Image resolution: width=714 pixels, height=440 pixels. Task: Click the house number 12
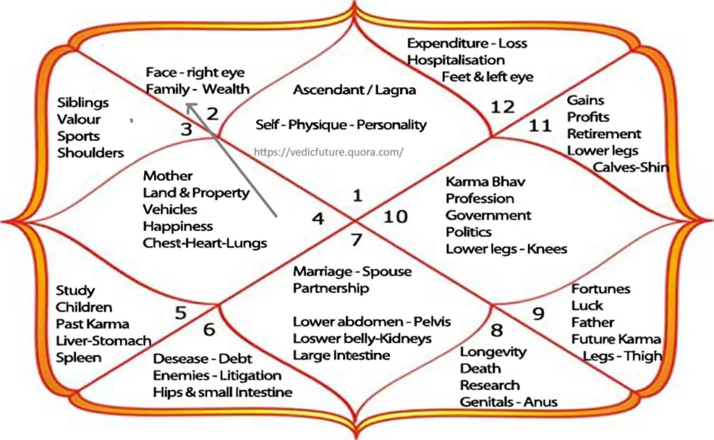click(502, 107)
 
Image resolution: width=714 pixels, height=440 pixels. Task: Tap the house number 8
click(496, 330)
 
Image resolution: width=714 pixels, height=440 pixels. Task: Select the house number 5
click(181, 313)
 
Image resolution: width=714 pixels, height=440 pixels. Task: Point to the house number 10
click(395, 217)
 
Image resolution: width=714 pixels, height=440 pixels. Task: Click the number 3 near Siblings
click(186, 129)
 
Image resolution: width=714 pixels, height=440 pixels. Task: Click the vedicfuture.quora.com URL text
click(328, 151)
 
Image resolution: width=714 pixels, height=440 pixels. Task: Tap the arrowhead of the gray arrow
click(190, 107)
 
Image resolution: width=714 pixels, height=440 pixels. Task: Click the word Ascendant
click(326, 90)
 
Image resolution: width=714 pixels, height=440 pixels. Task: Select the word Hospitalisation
click(456, 60)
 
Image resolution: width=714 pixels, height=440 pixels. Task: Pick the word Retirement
click(604, 133)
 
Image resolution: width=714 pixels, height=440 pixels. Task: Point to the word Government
click(488, 215)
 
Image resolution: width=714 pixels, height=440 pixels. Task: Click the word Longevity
click(493, 351)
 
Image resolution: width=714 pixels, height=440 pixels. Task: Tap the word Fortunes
click(601, 289)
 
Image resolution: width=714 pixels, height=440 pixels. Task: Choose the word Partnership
click(331, 288)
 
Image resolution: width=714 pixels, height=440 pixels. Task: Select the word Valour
click(79, 119)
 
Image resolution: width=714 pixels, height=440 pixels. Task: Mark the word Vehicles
click(170, 209)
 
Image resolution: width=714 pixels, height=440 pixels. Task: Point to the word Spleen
click(79, 358)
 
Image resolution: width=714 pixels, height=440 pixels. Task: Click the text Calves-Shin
click(630, 167)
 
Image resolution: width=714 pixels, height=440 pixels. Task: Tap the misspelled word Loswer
click(317, 338)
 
